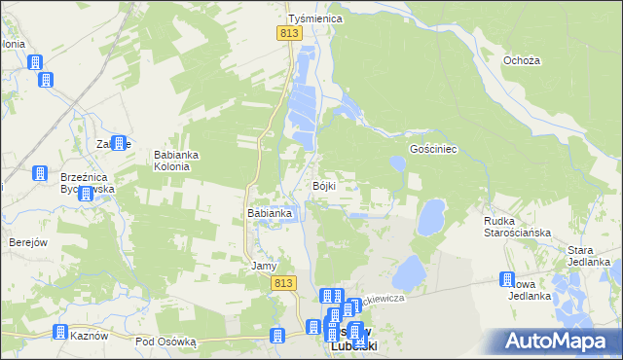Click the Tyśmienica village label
311,18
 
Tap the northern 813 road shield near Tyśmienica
288,33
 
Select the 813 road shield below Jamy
282,282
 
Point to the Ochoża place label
521,60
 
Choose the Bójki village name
325,186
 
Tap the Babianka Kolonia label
178,160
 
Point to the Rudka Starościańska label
518,227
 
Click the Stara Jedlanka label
589,256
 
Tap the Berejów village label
28,242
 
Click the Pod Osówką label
166,342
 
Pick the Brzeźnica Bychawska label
88,184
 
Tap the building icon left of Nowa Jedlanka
507,280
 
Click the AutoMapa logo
556,341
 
